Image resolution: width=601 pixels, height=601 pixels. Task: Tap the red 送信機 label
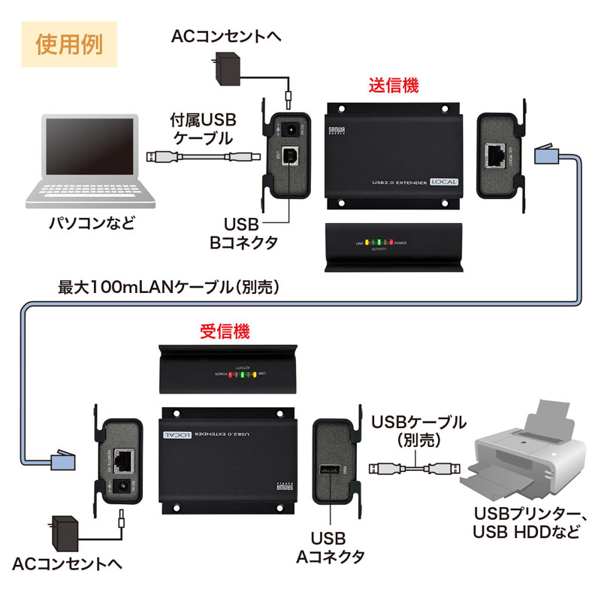coord(393,85)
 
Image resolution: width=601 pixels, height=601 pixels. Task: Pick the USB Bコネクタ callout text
coord(242,233)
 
